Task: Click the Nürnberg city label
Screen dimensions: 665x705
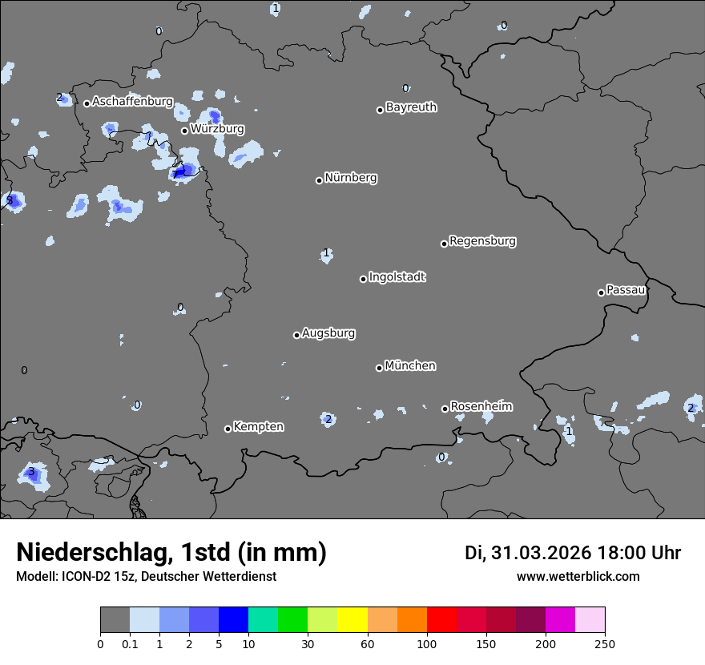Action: (x=350, y=178)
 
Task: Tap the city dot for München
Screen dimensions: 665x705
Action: (x=380, y=368)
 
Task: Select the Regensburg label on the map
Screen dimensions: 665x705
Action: (x=482, y=241)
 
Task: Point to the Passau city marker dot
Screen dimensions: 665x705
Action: (x=601, y=292)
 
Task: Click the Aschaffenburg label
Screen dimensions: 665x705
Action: (x=132, y=102)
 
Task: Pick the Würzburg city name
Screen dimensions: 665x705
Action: (x=217, y=129)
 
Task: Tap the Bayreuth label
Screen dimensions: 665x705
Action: (x=411, y=107)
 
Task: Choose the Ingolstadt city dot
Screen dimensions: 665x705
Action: (x=363, y=279)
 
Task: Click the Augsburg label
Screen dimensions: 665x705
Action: (x=328, y=333)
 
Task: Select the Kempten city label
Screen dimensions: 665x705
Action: (x=258, y=427)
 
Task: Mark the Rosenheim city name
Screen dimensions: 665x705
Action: (x=481, y=407)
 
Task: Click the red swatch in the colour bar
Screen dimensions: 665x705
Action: (x=441, y=620)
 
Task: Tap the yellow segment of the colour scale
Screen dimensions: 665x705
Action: (x=352, y=620)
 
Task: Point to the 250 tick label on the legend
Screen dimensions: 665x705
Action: (x=605, y=643)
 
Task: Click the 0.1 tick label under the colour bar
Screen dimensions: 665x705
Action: (x=130, y=643)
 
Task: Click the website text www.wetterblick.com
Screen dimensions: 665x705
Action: (x=578, y=577)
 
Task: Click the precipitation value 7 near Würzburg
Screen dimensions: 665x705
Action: (x=175, y=174)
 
